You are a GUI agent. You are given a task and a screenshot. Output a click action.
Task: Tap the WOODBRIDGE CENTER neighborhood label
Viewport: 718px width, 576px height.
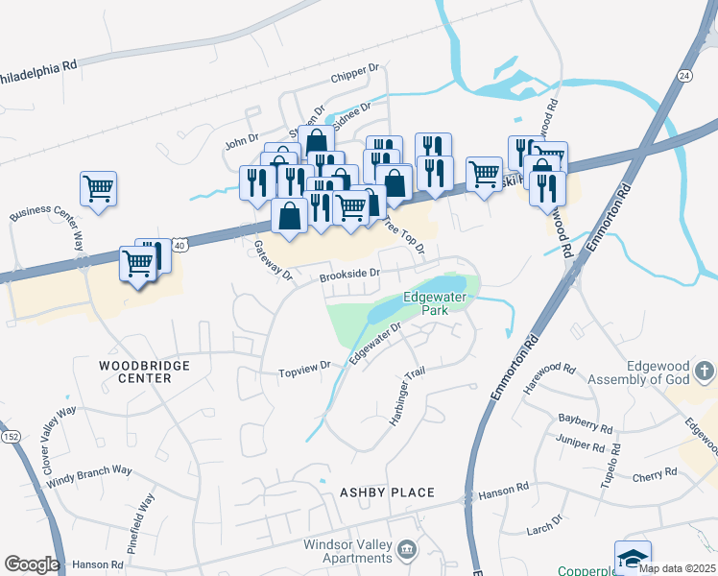[x=145, y=372]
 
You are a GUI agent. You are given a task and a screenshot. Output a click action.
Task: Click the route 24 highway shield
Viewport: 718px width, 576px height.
[x=682, y=75]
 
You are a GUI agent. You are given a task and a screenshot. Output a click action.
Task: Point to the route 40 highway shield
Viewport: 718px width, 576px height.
[x=180, y=247]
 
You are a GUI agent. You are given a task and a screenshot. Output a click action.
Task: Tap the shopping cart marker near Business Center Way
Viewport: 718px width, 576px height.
[x=98, y=188]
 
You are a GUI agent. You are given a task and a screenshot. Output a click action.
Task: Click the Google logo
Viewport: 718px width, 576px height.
[x=32, y=564]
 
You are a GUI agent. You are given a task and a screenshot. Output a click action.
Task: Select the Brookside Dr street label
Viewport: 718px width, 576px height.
[x=350, y=275]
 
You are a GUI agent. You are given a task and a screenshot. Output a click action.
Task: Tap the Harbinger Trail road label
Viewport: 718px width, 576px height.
[x=406, y=397]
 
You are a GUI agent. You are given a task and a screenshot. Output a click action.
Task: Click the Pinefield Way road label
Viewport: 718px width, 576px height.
[x=145, y=517]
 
